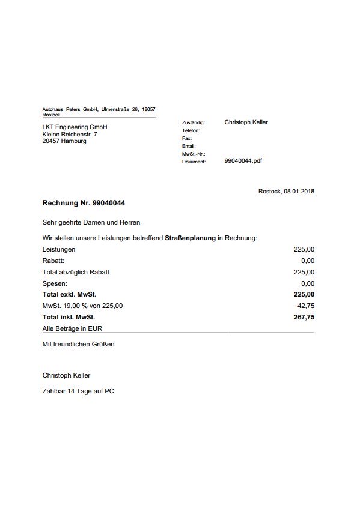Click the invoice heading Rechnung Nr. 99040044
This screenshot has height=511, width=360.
coord(84,204)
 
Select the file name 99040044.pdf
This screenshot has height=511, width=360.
coord(243,161)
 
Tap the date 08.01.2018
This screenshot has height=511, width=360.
coord(299,191)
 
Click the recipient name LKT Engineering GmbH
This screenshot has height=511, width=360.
coord(75,127)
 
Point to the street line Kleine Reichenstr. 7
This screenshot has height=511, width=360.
coord(69,134)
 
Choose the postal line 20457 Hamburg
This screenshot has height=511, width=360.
coord(64,141)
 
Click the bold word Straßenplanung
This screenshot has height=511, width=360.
coord(190,238)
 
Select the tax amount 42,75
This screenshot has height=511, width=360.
coord(306,306)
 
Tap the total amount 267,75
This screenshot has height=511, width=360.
coord(304,317)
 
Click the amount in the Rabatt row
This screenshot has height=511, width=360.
coord(308,261)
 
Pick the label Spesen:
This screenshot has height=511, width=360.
coord(55,283)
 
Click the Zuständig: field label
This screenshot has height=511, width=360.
coord(193,122)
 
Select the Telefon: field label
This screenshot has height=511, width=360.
coord(191,130)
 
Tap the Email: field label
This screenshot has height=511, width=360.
coord(189,146)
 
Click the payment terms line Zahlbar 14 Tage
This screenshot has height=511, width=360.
coord(78,391)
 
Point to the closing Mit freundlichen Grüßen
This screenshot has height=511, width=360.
coord(78,345)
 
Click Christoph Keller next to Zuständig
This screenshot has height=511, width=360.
coord(246,122)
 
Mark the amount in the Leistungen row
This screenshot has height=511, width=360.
coord(304,249)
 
